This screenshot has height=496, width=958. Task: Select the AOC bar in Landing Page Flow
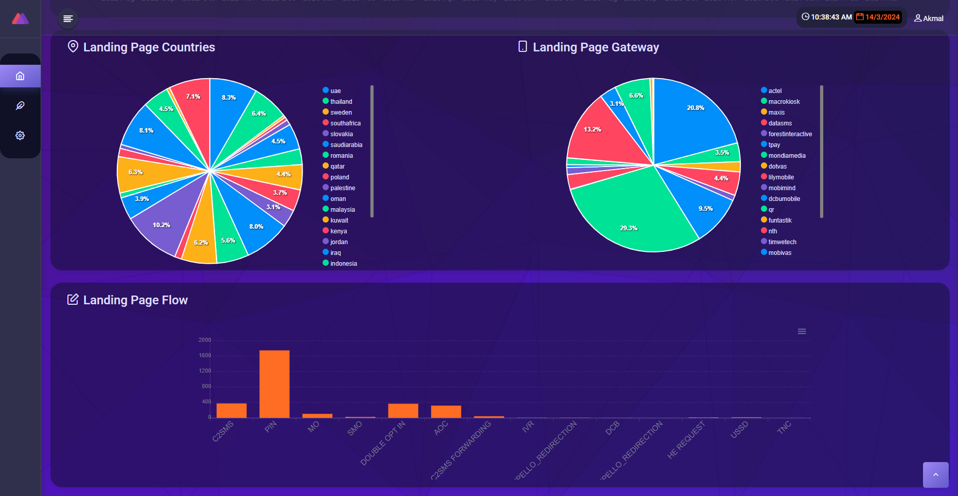[446, 412]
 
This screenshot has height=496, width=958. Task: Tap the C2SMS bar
[232, 411]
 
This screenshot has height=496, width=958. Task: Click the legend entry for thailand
[341, 102]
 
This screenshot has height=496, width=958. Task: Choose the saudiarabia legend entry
[346, 145]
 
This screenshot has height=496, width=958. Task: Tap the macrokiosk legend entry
[784, 102]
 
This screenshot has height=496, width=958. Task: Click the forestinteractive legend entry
[790, 134]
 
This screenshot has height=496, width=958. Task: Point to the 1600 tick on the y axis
[205, 356]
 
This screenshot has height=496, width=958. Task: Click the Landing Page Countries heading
[149, 47]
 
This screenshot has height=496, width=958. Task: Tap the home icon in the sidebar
[20, 76]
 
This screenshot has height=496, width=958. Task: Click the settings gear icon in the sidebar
[20, 135]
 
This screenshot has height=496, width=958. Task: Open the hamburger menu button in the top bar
[68, 19]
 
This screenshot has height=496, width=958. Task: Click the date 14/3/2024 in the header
[882, 17]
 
